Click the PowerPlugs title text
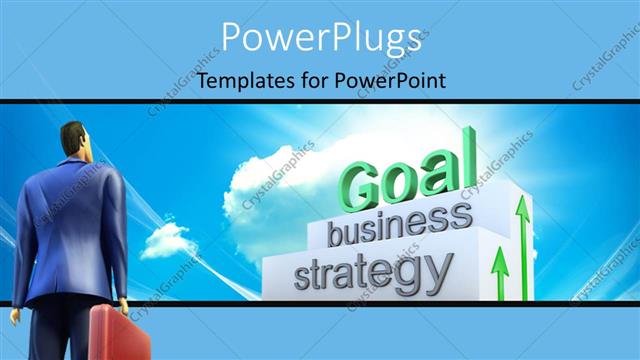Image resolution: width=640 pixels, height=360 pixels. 320,38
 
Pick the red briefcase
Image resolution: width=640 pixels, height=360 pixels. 119,333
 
